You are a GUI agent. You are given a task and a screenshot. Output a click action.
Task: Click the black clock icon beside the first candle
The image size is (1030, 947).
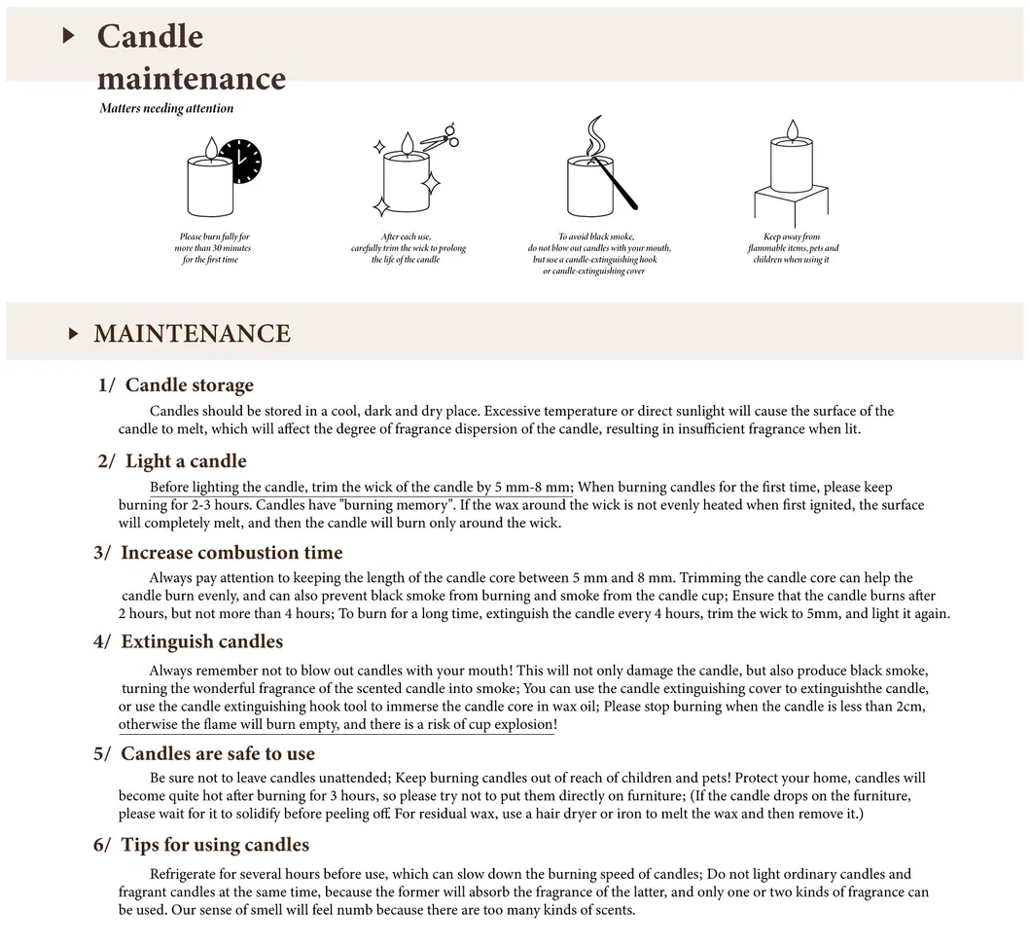click(x=240, y=162)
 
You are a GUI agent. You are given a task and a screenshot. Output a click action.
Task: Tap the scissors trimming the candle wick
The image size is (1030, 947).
click(x=444, y=138)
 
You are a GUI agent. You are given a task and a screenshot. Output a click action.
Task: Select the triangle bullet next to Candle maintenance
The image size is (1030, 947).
click(x=68, y=36)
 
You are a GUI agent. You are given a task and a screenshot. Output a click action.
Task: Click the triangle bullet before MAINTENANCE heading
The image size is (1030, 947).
click(x=73, y=334)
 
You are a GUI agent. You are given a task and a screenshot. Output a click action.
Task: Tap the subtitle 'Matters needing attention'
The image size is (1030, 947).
click(x=166, y=108)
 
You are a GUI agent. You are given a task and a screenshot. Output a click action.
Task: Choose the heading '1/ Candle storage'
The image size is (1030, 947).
click(x=176, y=385)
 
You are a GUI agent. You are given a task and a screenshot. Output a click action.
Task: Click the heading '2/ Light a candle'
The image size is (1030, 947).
click(x=172, y=461)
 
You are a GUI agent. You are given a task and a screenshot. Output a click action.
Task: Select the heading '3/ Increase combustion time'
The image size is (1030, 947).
click(x=218, y=553)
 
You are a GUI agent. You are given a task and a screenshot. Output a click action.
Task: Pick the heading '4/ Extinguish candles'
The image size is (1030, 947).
click(x=189, y=641)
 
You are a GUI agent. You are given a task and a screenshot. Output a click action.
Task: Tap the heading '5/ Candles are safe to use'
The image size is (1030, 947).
click(x=204, y=753)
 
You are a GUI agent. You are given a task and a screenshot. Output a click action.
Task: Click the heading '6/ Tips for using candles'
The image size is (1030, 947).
click(x=201, y=845)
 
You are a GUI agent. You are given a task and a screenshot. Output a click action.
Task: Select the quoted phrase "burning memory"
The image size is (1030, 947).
click(x=408, y=505)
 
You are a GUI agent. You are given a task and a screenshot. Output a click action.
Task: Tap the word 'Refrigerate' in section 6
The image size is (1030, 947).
click(x=186, y=874)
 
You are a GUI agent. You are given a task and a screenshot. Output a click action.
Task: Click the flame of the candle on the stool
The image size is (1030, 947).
click(x=792, y=129)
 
